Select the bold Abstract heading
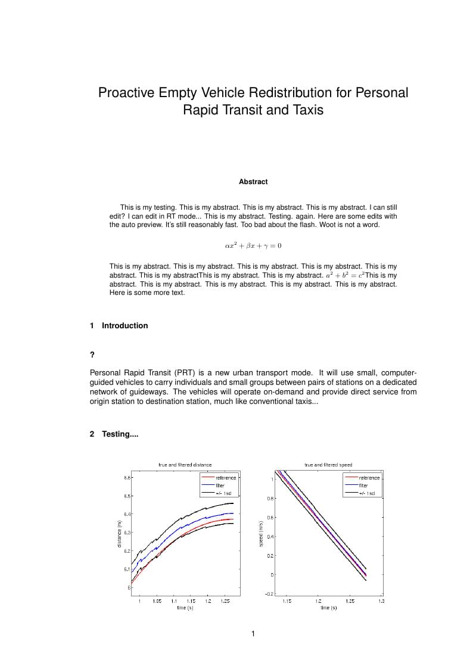[x=253, y=182]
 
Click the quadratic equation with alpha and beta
[x=253, y=245]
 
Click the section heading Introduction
[x=125, y=325]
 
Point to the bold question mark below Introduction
[x=92, y=355]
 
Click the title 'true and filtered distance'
[x=185, y=465]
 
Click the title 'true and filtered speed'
[x=328, y=465]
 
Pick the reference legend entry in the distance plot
[x=226, y=478]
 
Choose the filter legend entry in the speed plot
[x=363, y=486]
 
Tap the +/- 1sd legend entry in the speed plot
[x=367, y=493]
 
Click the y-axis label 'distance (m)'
[x=120, y=534]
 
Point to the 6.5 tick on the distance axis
[x=126, y=496]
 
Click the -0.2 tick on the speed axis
[x=269, y=594]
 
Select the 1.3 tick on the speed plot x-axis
[x=381, y=601]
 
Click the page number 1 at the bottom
[x=253, y=633]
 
